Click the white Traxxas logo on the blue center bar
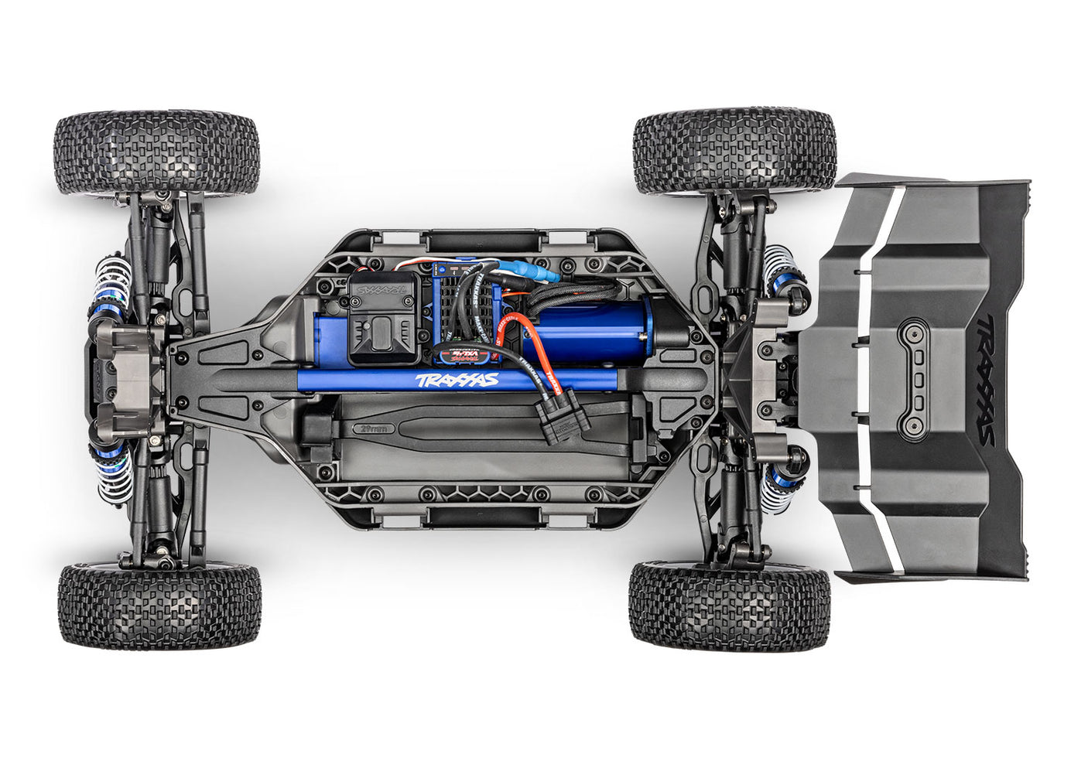click(457, 380)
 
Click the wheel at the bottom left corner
click(159, 606)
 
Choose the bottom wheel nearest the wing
click(729, 605)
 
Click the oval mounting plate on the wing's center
click(917, 379)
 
